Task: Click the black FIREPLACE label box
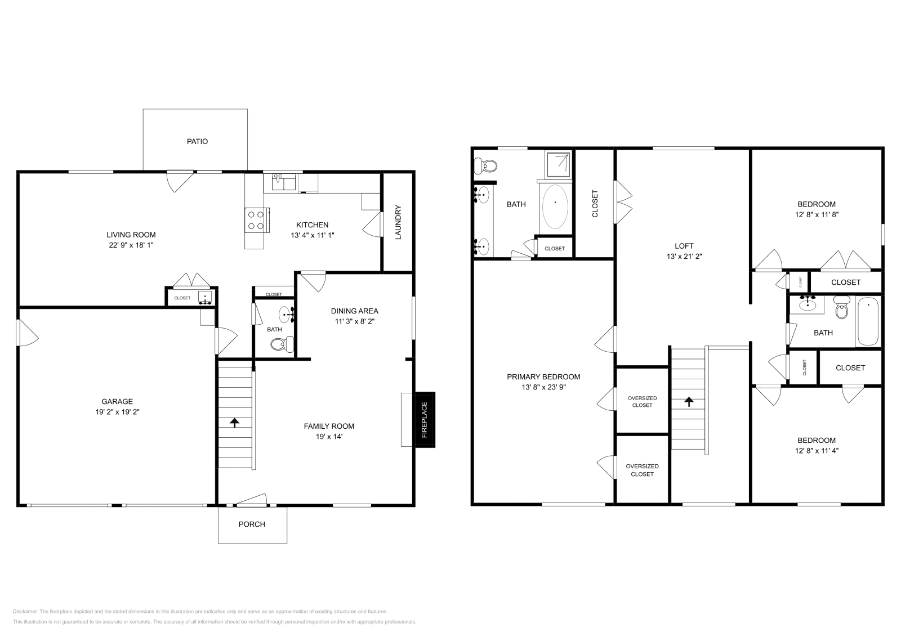coord(425,419)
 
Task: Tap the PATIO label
coord(197,141)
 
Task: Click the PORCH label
coord(252,524)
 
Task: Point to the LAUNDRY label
coord(398,222)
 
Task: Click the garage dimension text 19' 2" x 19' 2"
coord(117,411)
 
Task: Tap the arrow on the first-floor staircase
coord(235,422)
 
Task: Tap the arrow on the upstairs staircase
coord(688,401)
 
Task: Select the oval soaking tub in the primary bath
coord(555,206)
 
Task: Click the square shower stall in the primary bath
coord(557,164)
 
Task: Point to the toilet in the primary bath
coord(486,166)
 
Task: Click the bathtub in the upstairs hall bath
coord(867,321)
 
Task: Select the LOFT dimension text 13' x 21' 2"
coord(684,256)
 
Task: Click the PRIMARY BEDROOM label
coord(543,376)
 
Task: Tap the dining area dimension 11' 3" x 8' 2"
coord(354,321)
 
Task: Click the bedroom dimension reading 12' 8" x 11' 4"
coord(816,450)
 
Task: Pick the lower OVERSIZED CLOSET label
coord(642,470)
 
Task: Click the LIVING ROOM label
coord(131,235)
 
